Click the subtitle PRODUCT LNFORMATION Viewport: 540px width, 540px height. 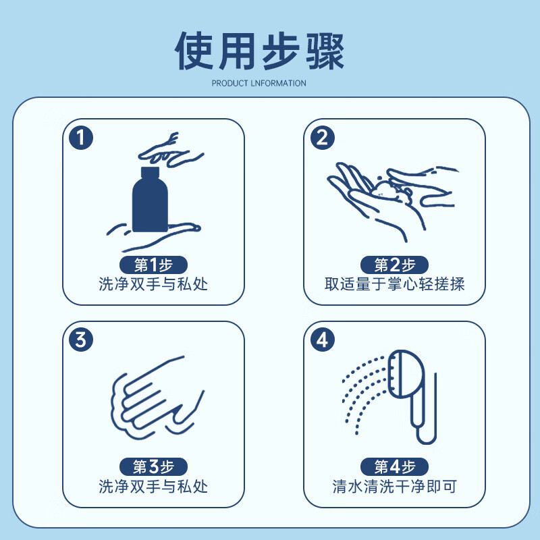click(x=259, y=84)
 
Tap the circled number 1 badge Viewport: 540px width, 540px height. click(x=80, y=138)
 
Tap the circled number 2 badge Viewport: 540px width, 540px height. click(x=321, y=138)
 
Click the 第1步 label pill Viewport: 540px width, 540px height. click(x=153, y=265)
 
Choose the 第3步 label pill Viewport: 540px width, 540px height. click(x=153, y=466)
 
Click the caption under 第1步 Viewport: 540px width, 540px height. click(x=153, y=284)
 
